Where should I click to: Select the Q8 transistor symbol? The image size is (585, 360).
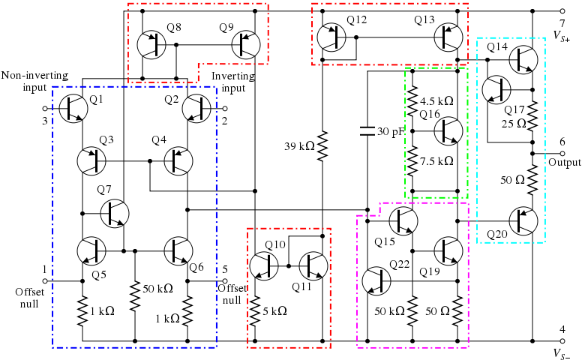click(153, 45)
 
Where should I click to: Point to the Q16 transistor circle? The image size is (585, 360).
click(448, 131)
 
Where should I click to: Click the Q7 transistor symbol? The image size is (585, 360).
click(114, 214)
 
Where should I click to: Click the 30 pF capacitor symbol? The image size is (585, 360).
click(367, 131)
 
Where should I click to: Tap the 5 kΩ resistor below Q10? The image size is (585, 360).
click(255, 308)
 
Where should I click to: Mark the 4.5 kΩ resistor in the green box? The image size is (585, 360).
click(412, 100)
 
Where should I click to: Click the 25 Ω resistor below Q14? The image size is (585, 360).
click(532, 117)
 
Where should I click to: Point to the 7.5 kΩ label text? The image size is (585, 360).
click(436, 160)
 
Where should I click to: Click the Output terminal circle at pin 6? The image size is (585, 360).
click(562, 152)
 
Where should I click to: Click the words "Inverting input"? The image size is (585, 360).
click(228, 82)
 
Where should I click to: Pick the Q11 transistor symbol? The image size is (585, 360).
click(315, 265)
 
